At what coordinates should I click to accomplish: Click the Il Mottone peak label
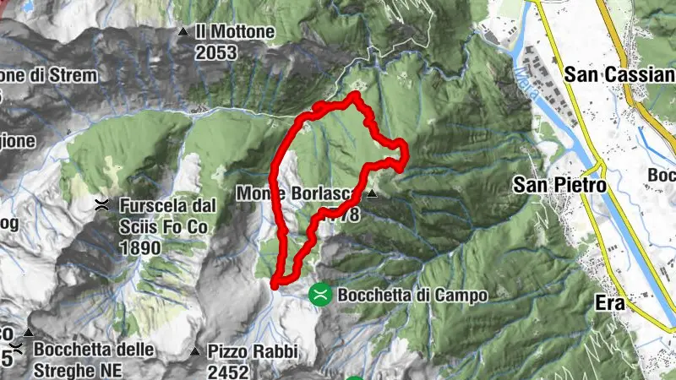click(x=235, y=32)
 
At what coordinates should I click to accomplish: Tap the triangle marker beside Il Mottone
click(x=183, y=33)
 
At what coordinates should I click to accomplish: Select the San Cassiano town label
click(x=619, y=75)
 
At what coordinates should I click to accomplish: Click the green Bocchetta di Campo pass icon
click(x=320, y=295)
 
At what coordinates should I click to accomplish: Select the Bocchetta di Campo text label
click(x=412, y=296)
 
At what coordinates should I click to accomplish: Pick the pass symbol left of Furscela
click(x=102, y=204)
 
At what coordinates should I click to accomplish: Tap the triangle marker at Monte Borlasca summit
click(x=370, y=193)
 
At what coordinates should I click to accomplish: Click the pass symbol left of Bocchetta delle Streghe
click(x=18, y=350)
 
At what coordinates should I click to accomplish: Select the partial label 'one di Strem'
click(x=47, y=75)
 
